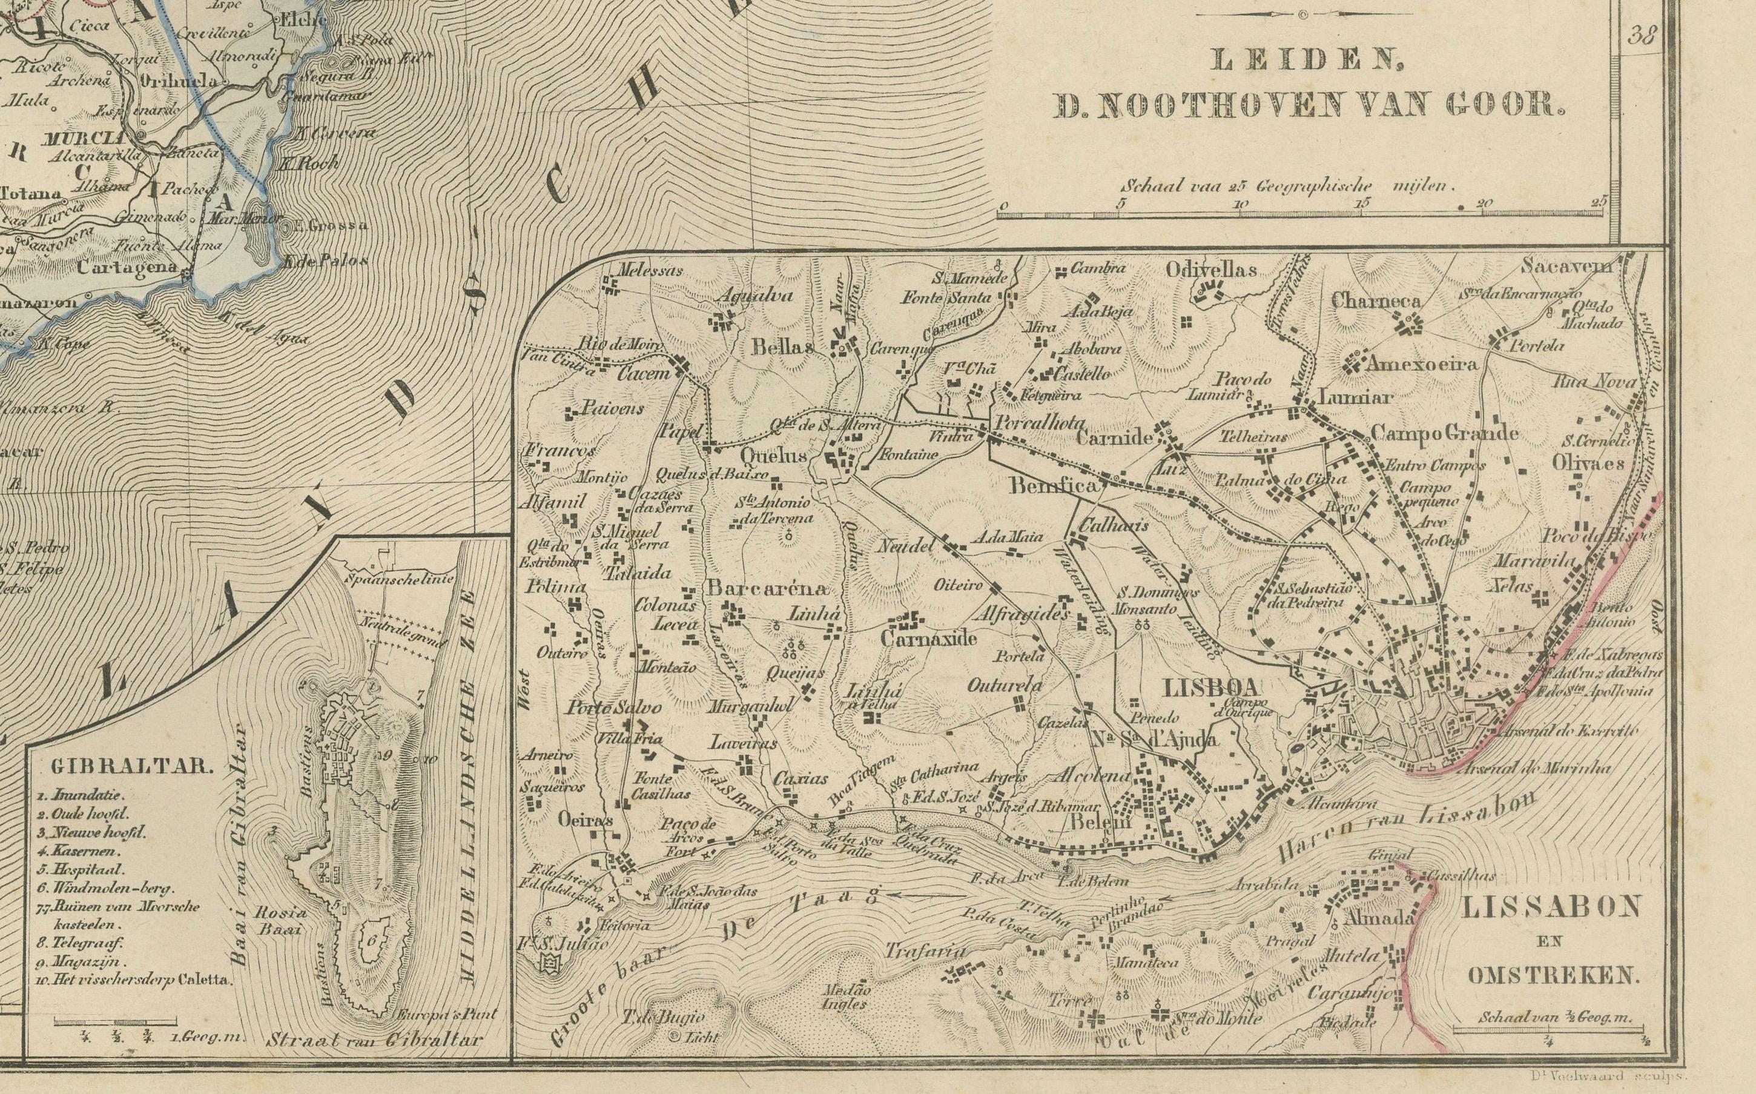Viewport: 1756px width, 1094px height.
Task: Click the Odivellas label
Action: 1210,270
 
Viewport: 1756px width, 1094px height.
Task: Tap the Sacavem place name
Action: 1566,265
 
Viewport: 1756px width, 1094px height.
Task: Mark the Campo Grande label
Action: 1444,433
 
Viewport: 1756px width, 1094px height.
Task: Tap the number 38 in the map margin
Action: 1642,36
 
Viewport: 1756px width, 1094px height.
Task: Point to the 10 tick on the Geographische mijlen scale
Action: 1240,205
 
